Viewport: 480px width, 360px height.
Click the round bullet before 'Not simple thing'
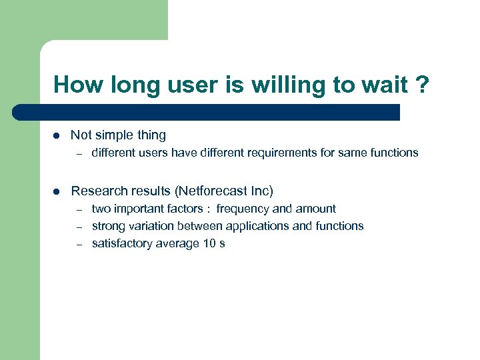[57, 135]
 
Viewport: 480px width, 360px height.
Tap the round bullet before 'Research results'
[57, 191]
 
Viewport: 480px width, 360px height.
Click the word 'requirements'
[283, 153]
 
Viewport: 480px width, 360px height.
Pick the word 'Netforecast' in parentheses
[210, 191]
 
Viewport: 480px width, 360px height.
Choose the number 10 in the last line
[209, 243]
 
